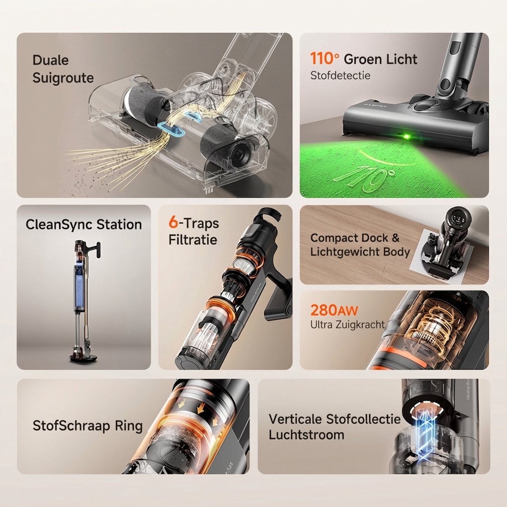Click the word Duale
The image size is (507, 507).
point(51,60)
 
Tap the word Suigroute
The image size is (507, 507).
point(63,78)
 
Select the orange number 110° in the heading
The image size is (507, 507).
point(324,58)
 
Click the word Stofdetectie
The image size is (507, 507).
point(340,76)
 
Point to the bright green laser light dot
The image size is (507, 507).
point(406,136)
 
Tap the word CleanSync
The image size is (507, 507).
point(59,225)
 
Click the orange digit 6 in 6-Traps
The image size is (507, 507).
point(173,223)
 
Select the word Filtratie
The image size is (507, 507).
point(193,240)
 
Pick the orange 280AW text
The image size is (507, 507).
point(334,310)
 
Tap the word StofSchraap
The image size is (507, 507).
point(71,426)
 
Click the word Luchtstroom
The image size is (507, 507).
point(306,435)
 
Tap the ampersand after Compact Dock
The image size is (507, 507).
point(395,238)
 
